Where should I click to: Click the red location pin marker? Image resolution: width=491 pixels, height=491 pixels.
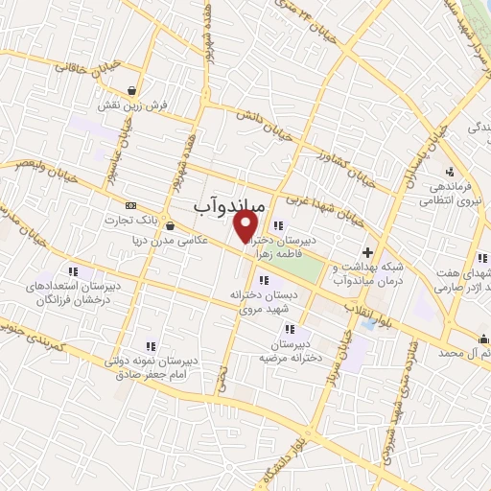click(x=246, y=225)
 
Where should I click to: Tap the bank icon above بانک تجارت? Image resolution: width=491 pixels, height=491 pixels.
click(x=130, y=205)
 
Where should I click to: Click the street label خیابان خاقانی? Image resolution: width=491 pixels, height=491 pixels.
click(x=88, y=66)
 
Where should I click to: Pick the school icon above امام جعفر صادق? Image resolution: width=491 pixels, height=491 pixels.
click(x=151, y=346)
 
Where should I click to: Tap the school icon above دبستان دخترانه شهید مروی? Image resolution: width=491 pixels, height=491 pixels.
click(x=264, y=279)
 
